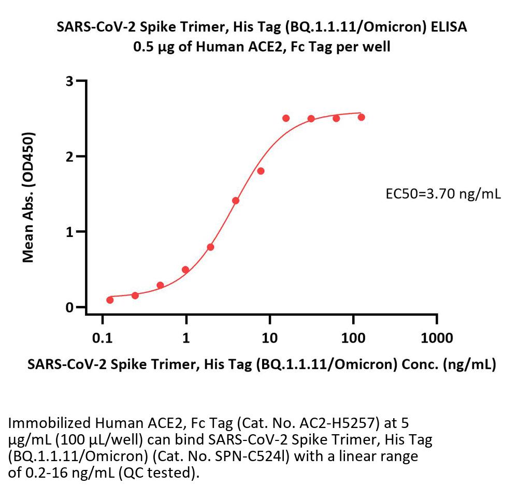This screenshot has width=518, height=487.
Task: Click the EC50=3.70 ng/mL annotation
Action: point(443,195)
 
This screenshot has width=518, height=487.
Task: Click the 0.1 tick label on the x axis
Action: point(102,338)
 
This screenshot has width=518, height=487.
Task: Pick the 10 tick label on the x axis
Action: point(269,338)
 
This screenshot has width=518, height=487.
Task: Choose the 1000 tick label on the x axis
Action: point(437,338)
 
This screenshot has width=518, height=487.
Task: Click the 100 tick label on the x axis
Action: point(353,338)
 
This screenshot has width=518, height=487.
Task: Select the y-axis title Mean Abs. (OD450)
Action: point(29,197)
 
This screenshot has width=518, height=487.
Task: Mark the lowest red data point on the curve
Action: point(110,300)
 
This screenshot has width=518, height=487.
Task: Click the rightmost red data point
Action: point(362,117)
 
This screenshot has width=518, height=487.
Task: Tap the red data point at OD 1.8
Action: point(261,171)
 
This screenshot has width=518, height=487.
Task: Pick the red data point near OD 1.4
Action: point(236,200)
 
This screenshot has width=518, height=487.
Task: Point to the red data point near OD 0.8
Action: point(210,247)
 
